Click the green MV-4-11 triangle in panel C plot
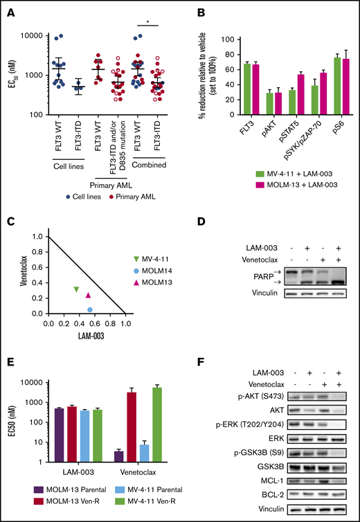pyautogui.click(x=76, y=289)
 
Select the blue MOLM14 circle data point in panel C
pyautogui.click(x=90, y=309)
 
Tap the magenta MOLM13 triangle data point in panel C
pyautogui.click(x=88, y=296)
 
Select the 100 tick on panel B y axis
pyautogui.click(x=205, y=39)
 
